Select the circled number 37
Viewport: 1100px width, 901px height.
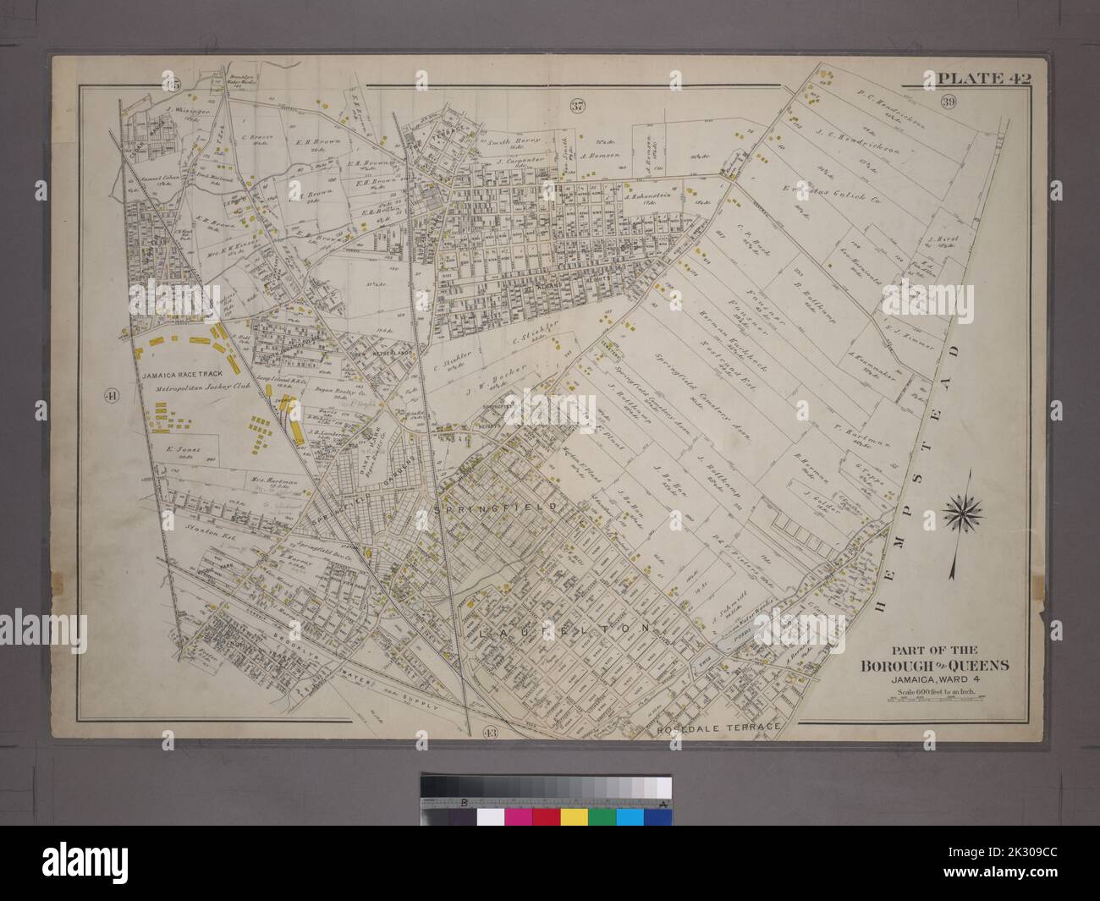point(577,107)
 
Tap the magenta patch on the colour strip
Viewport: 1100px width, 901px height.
point(518,816)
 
